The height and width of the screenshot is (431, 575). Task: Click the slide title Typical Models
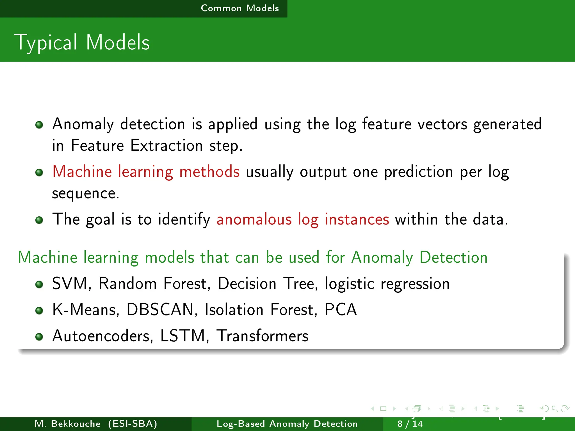click(x=82, y=43)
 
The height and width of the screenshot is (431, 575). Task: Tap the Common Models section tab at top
click(x=240, y=8)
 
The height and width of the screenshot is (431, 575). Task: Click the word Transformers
click(x=263, y=336)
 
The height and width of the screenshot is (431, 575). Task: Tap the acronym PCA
click(x=340, y=310)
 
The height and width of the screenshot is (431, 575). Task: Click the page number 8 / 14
click(x=410, y=424)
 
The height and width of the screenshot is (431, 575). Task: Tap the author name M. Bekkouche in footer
click(x=67, y=424)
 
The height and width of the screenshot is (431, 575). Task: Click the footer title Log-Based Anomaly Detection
click(x=287, y=424)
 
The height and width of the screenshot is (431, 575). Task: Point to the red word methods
click(x=209, y=172)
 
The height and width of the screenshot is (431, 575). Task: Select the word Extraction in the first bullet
click(x=166, y=146)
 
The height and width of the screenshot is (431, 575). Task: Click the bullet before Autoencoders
click(x=39, y=336)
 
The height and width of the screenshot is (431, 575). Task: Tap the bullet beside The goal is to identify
click(x=39, y=220)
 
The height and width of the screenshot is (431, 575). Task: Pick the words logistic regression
click(x=387, y=284)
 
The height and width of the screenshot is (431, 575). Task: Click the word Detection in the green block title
click(x=453, y=257)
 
